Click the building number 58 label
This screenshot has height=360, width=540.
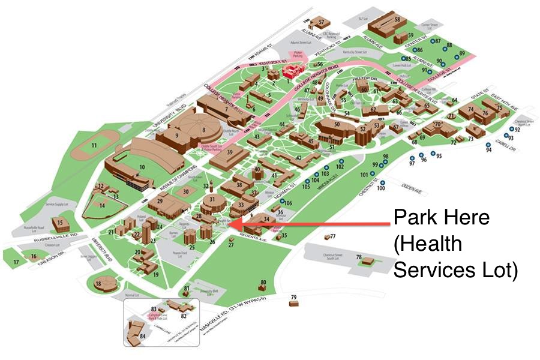(397, 19)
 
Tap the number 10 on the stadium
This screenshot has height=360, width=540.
(142, 166)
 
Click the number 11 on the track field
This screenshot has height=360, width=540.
(94, 145)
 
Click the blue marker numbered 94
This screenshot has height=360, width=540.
(488, 150)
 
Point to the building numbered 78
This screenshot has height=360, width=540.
(366, 261)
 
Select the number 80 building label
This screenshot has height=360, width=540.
(263, 283)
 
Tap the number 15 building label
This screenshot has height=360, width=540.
(59, 222)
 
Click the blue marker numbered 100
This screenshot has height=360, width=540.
(380, 188)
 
